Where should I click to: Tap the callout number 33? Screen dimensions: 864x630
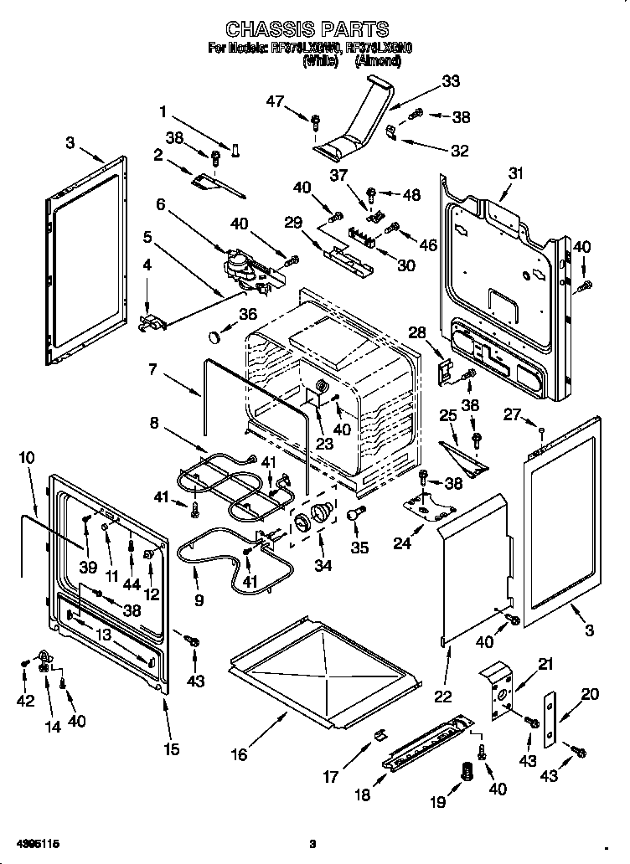[451, 81]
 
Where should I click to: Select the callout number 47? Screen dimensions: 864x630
[276, 101]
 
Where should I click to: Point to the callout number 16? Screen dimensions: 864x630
[240, 754]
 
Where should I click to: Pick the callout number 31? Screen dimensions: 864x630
[515, 173]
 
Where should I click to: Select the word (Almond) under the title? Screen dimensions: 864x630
[378, 60]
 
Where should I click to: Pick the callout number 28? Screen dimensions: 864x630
[417, 332]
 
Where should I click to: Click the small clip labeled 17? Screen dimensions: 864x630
[378, 735]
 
